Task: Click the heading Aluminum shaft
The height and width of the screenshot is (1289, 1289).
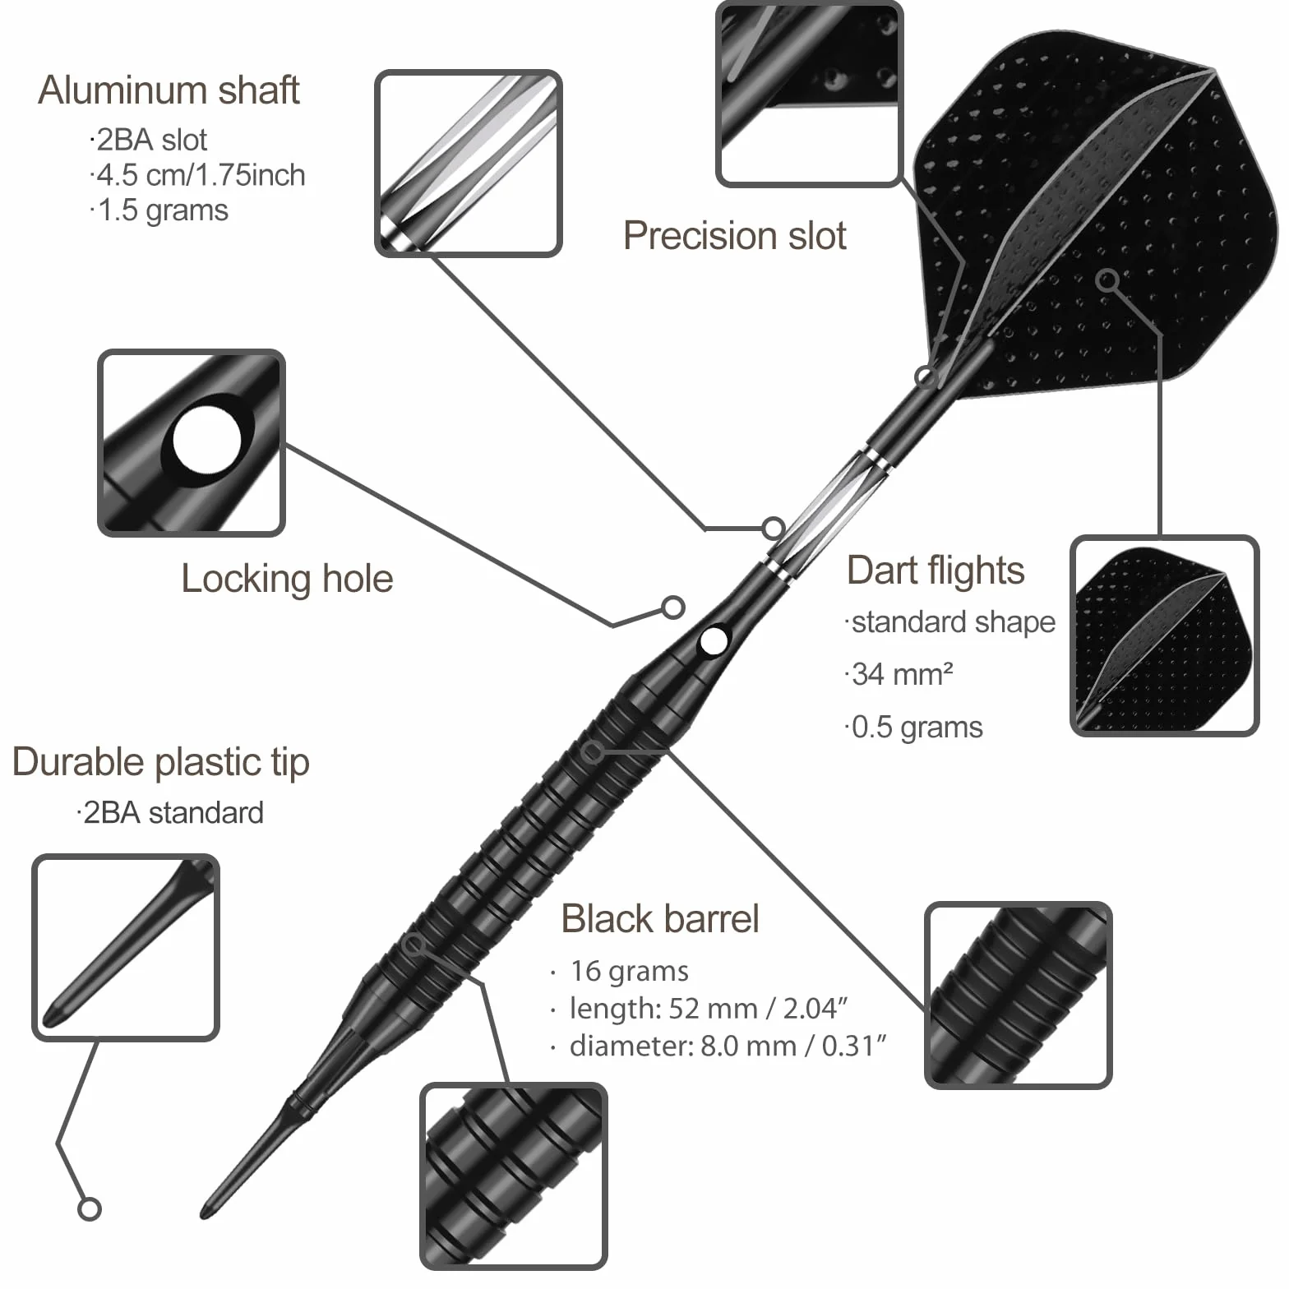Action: click(169, 90)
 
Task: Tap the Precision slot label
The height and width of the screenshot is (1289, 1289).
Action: click(734, 236)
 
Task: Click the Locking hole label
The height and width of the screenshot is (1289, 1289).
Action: click(287, 579)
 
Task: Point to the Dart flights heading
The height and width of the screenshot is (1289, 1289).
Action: click(936, 571)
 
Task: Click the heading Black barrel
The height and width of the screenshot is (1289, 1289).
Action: click(659, 918)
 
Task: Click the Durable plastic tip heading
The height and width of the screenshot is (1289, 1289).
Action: click(161, 762)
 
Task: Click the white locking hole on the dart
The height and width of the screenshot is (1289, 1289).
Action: click(714, 640)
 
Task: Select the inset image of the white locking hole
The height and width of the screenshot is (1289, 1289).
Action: click(192, 443)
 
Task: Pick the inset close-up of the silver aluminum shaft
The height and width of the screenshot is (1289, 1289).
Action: click(469, 164)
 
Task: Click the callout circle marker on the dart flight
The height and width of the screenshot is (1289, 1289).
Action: click(1108, 280)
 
